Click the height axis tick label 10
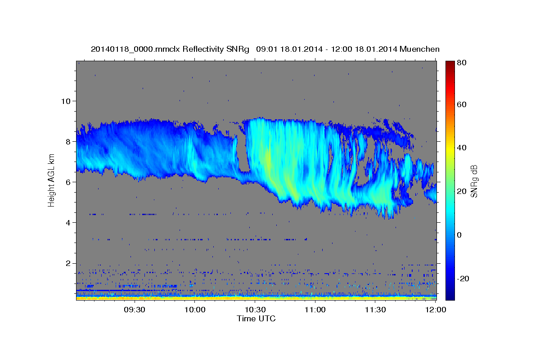click(65, 101)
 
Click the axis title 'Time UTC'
click(256, 319)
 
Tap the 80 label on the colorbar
click(461, 63)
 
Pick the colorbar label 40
click(461, 148)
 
